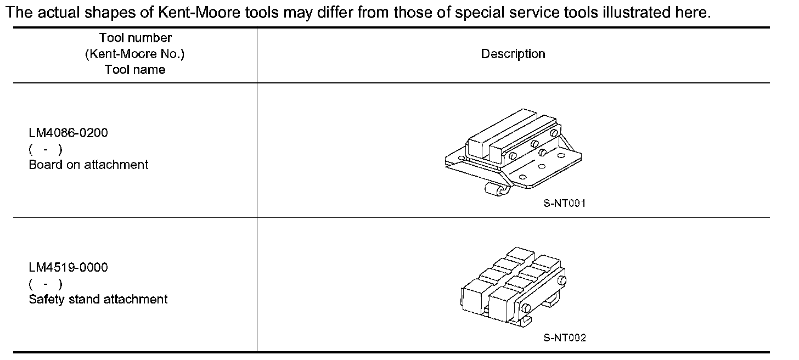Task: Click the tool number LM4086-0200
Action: point(68,133)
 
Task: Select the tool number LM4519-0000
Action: point(68,268)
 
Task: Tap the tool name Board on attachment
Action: point(88,165)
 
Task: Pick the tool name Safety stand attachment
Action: point(98,299)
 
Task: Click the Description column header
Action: point(513,54)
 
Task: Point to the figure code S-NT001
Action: point(565,204)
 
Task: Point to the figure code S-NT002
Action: point(565,338)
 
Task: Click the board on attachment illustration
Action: point(513,151)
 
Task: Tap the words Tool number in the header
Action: point(135,38)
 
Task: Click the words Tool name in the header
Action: point(135,70)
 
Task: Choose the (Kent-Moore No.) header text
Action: point(135,54)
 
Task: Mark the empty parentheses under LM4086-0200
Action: point(46,149)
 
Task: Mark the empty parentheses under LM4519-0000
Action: point(46,284)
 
